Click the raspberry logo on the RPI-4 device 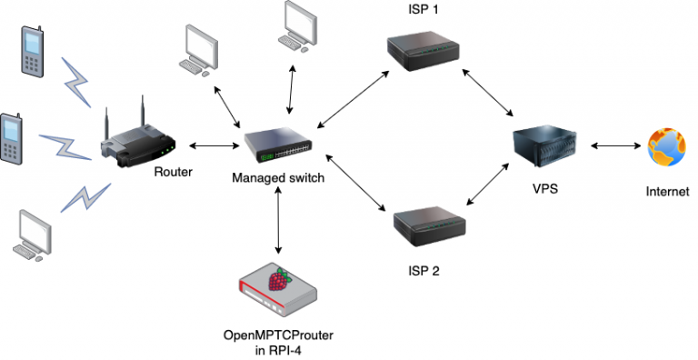(x=284, y=279)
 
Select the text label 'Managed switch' (x=277, y=178)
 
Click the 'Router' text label (x=173, y=172)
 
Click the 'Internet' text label (x=667, y=192)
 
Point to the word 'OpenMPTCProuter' (x=276, y=335)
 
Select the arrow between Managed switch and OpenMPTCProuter (x=278, y=222)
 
